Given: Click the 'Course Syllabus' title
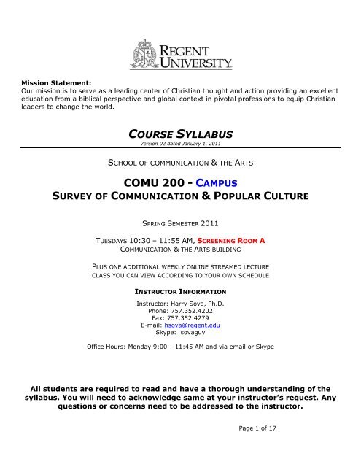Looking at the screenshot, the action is coord(179,133).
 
